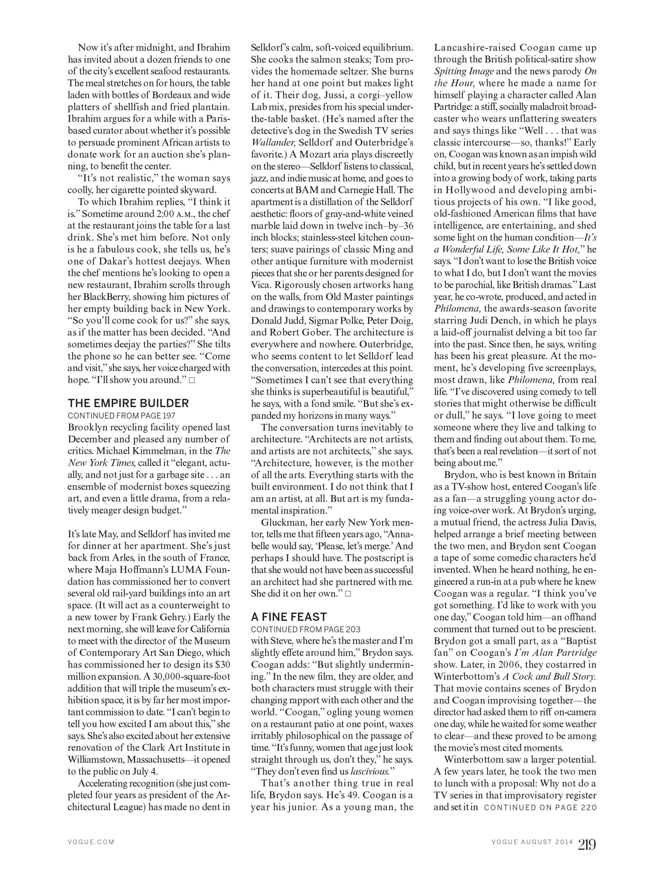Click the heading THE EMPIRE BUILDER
[128, 403]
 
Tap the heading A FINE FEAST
[289, 617]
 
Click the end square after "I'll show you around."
[192, 380]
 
